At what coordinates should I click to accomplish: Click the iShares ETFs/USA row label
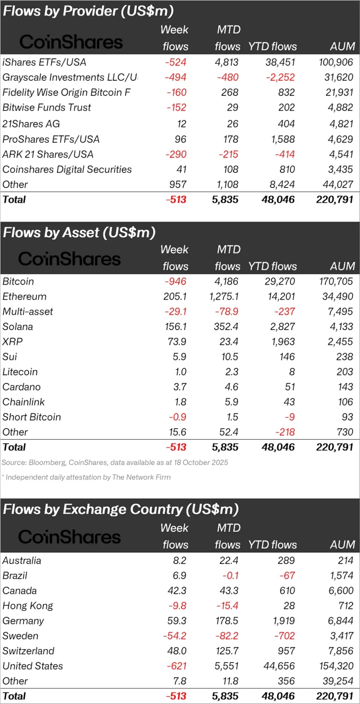tap(44, 62)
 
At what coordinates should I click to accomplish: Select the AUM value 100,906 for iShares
tap(335, 62)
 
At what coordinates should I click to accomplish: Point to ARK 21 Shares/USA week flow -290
tap(176, 154)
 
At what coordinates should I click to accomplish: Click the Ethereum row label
tap(24, 296)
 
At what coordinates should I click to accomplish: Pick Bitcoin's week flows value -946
tap(176, 281)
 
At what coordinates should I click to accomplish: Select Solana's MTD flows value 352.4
tap(227, 326)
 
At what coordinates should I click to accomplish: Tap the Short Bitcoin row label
tap(32, 417)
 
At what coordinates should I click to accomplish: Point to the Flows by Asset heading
tap(79, 232)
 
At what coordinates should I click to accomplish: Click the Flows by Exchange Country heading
tap(121, 509)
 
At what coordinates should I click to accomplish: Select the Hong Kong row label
tap(27, 606)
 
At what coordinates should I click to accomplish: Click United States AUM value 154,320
tap(335, 666)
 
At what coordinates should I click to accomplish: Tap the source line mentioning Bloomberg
tap(115, 462)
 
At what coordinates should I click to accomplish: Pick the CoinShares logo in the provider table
tap(71, 42)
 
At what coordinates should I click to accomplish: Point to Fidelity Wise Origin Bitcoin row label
tap(67, 93)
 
